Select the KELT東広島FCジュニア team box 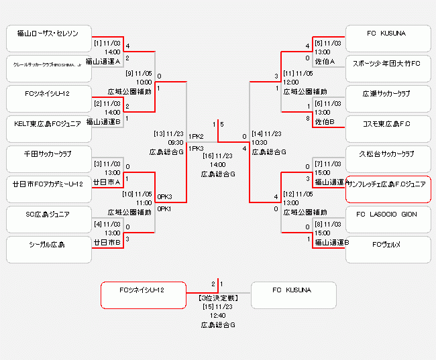[48, 123]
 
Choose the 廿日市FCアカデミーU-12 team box [48, 184]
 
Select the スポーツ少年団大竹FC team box [388, 64]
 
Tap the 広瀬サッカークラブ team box [388, 93]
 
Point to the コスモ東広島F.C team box [388, 123]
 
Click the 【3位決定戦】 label [218, 297]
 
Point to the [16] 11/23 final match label [218, 156]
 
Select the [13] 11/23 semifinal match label [168, 133]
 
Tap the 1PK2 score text [196, 136]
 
